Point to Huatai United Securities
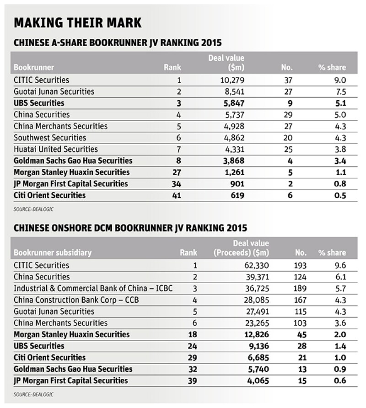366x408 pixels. click(x=56, y=149)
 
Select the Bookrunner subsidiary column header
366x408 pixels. click(x=53, y=252)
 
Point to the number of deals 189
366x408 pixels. click(x=300, y=289)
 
